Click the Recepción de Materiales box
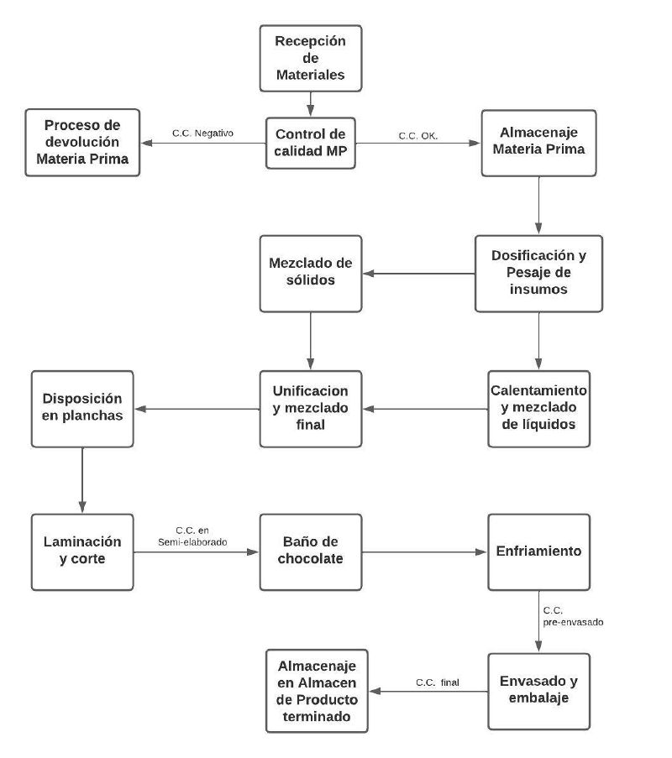tap(311, 59)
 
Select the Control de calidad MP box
tap(311, 143)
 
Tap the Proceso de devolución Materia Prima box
tap(82, 143)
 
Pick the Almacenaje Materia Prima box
tap(538, 143)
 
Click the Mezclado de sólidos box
tap(311, 274)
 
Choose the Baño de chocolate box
tap(311, 552)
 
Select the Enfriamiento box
tap(539, 552)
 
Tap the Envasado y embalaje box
tap(539, 692)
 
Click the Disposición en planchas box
tap(82, 409)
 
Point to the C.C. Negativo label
tap(202, 133)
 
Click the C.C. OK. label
tap(418, 136)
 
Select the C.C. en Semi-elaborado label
tap(192, 536)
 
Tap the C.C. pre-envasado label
tap(573, 616)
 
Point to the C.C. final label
tap(438, 682)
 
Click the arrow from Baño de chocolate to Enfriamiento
tap(424, 552)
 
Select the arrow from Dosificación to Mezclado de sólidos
tap(419, 274)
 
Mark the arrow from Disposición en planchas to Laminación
tap(82, 480)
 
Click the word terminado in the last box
tap(317, 716)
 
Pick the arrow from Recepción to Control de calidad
tap(311, 104)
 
